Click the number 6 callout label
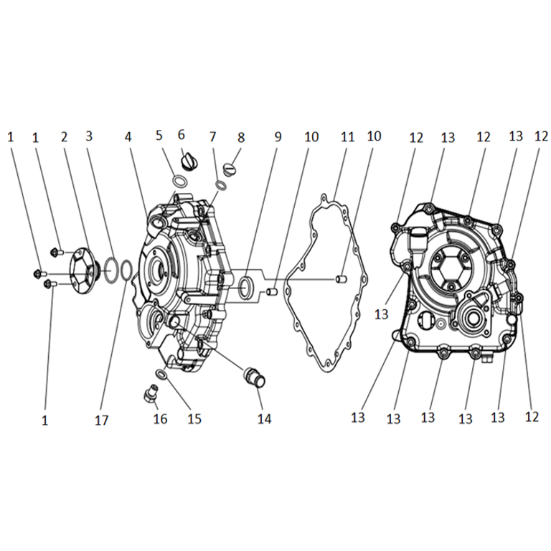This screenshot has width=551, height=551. click(182, 135)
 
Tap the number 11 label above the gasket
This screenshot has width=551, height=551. click(347, 136)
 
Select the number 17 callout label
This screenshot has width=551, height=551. click(102, 420)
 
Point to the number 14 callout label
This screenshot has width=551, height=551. click(264, 418)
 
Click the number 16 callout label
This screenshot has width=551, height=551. click(160, 418)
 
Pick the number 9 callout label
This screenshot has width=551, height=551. click(278, 137)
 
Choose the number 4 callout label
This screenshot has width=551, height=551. click(128, 137)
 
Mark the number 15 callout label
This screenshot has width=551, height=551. click(194, 418)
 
